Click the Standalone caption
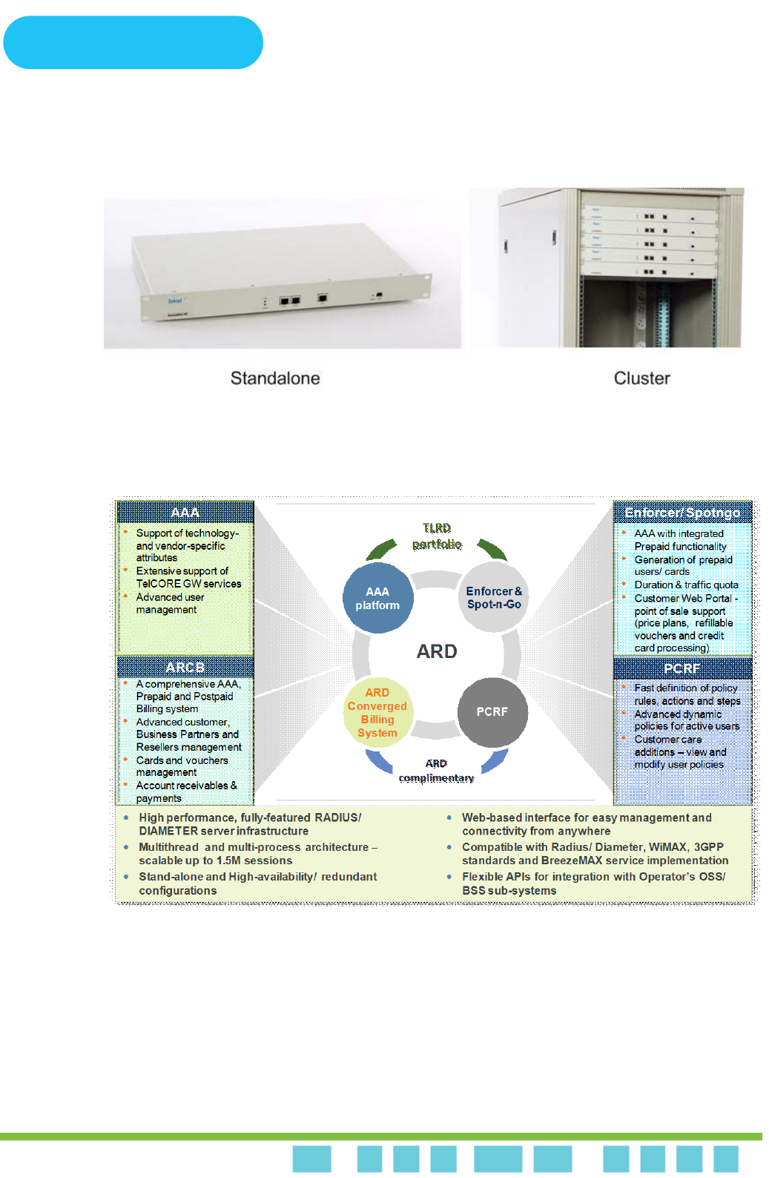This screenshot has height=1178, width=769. (275, 378)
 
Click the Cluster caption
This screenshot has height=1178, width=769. (641, 378)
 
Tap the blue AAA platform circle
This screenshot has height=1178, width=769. (377, 598)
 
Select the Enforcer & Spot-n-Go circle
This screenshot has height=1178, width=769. (494, 598)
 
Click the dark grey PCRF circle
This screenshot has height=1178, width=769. (492, 711)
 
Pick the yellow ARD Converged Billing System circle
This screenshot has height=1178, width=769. (377, 712)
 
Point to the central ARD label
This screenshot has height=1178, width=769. (437, 651)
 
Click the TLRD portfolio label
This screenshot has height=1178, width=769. (437, 536)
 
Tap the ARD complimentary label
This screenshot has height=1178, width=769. (436, 771)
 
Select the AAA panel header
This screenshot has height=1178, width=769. (185, 513)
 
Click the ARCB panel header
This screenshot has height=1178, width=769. (185, 668)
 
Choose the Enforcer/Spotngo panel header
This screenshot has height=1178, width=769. (682, 513)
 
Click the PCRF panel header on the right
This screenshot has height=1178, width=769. (682, 668)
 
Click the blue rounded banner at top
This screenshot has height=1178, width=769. (133, 42)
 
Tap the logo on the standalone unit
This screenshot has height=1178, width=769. (175, 301)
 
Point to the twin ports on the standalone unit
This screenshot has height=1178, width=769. (289, 300)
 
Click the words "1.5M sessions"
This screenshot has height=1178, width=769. (254, 861)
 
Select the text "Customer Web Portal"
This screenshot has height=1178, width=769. (683, 598)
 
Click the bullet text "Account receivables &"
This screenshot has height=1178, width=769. (186, 786)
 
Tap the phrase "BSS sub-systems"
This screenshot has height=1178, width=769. (509, 890)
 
